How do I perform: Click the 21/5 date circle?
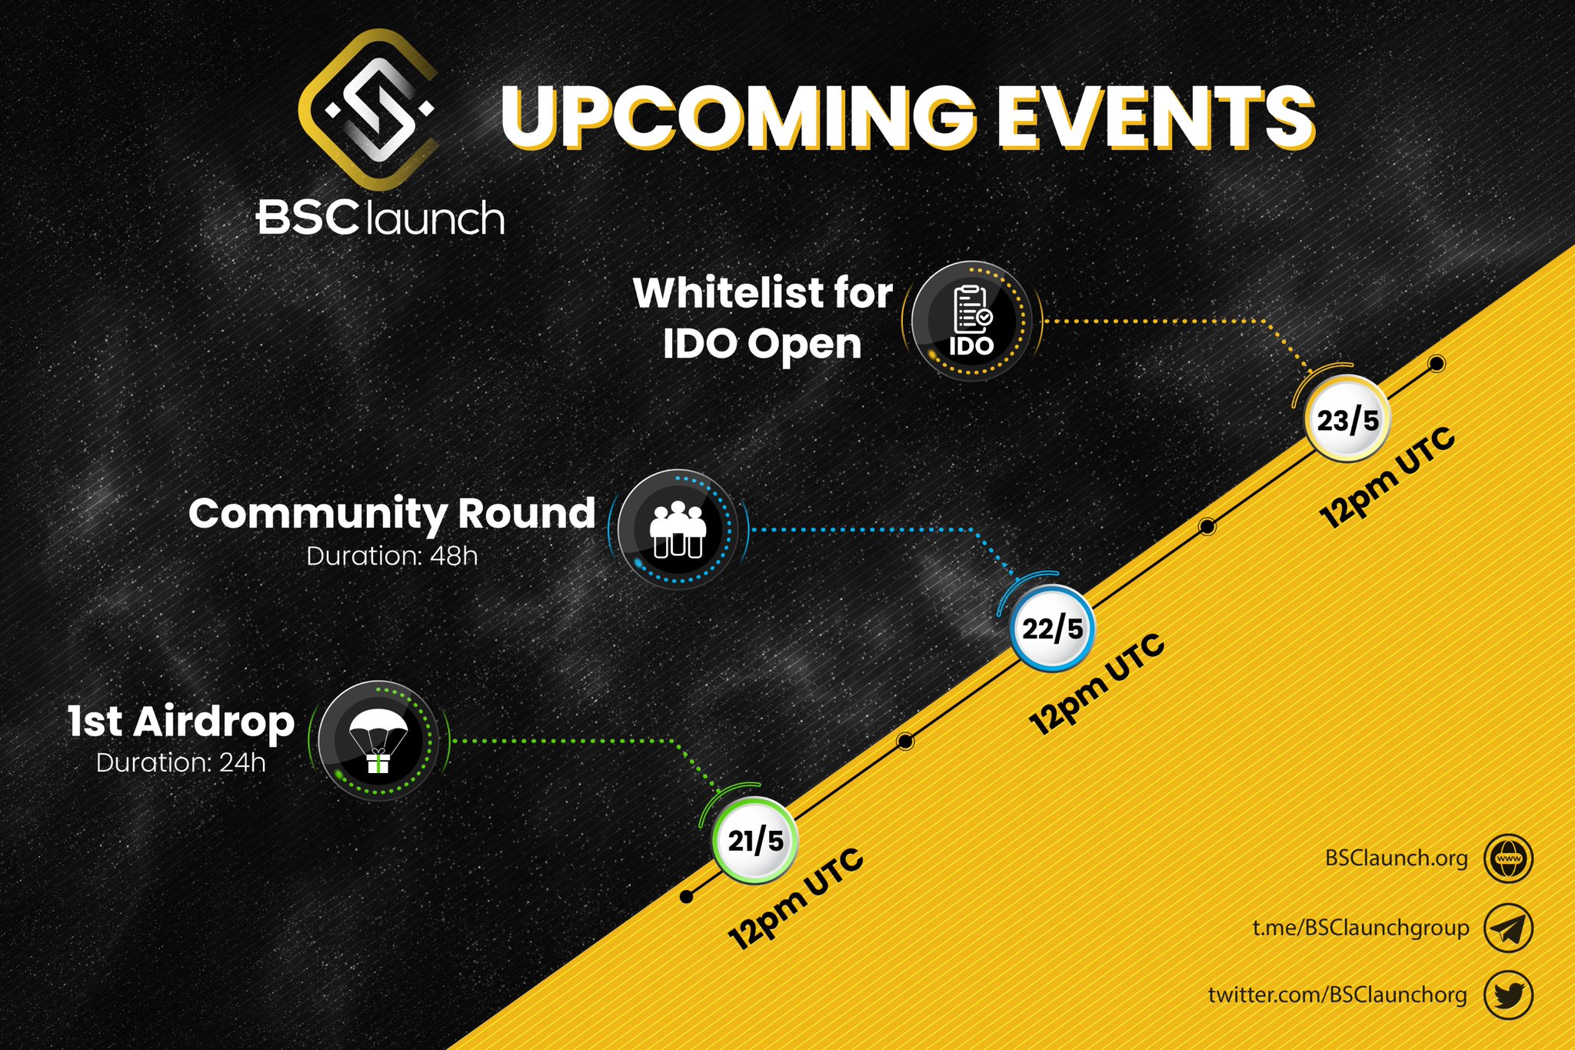[x=754, y=841]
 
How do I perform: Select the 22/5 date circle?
[x=1051, y=628]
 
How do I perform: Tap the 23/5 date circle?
[x=1347, y=420]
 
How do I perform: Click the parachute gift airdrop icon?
[x=378, y=741]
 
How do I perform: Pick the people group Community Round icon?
[x=678, y=529]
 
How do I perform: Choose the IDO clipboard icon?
[x=971, y=321]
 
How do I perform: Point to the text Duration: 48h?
[x=391, y=556]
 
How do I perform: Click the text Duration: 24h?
[x=181, y=763]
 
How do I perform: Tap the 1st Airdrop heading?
[x=181, y=721]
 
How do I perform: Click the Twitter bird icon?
[x=1508, y=995]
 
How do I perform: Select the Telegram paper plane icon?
[x=1508, y=928]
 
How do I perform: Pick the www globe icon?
[x=1508, y=858]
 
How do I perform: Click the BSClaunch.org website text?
[x=1396, y=858]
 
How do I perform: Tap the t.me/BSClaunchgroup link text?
[x=1360, y=928]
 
